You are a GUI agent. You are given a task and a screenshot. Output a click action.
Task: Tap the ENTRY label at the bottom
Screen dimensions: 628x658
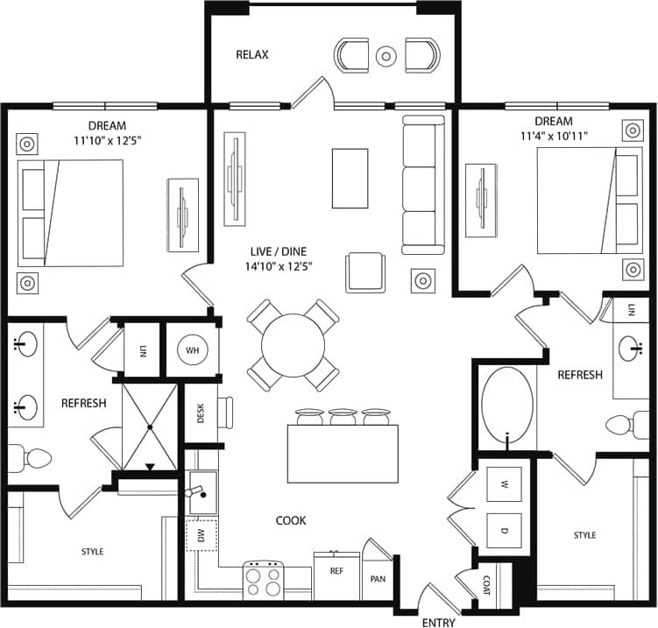pos(437,622)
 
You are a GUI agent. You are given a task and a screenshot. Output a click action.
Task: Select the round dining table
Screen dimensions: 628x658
pos(293,344)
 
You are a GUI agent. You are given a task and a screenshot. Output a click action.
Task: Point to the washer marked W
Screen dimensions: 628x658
pos(505,484)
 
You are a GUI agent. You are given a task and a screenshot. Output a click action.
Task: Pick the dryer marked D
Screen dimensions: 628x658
pos(505,529)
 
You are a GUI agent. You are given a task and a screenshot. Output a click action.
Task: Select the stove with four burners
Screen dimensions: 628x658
pos(265,579)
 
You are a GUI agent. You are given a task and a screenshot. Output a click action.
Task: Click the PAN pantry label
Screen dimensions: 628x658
pos(379,579)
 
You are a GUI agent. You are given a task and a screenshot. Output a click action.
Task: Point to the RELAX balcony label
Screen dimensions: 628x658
pos(252,55)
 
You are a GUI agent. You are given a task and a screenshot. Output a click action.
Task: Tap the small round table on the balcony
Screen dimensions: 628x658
pos(386,56)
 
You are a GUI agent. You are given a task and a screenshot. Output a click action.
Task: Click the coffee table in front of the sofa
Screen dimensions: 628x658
pos(350,178)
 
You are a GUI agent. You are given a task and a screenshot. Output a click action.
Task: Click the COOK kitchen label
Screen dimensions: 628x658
pos(291,520)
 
